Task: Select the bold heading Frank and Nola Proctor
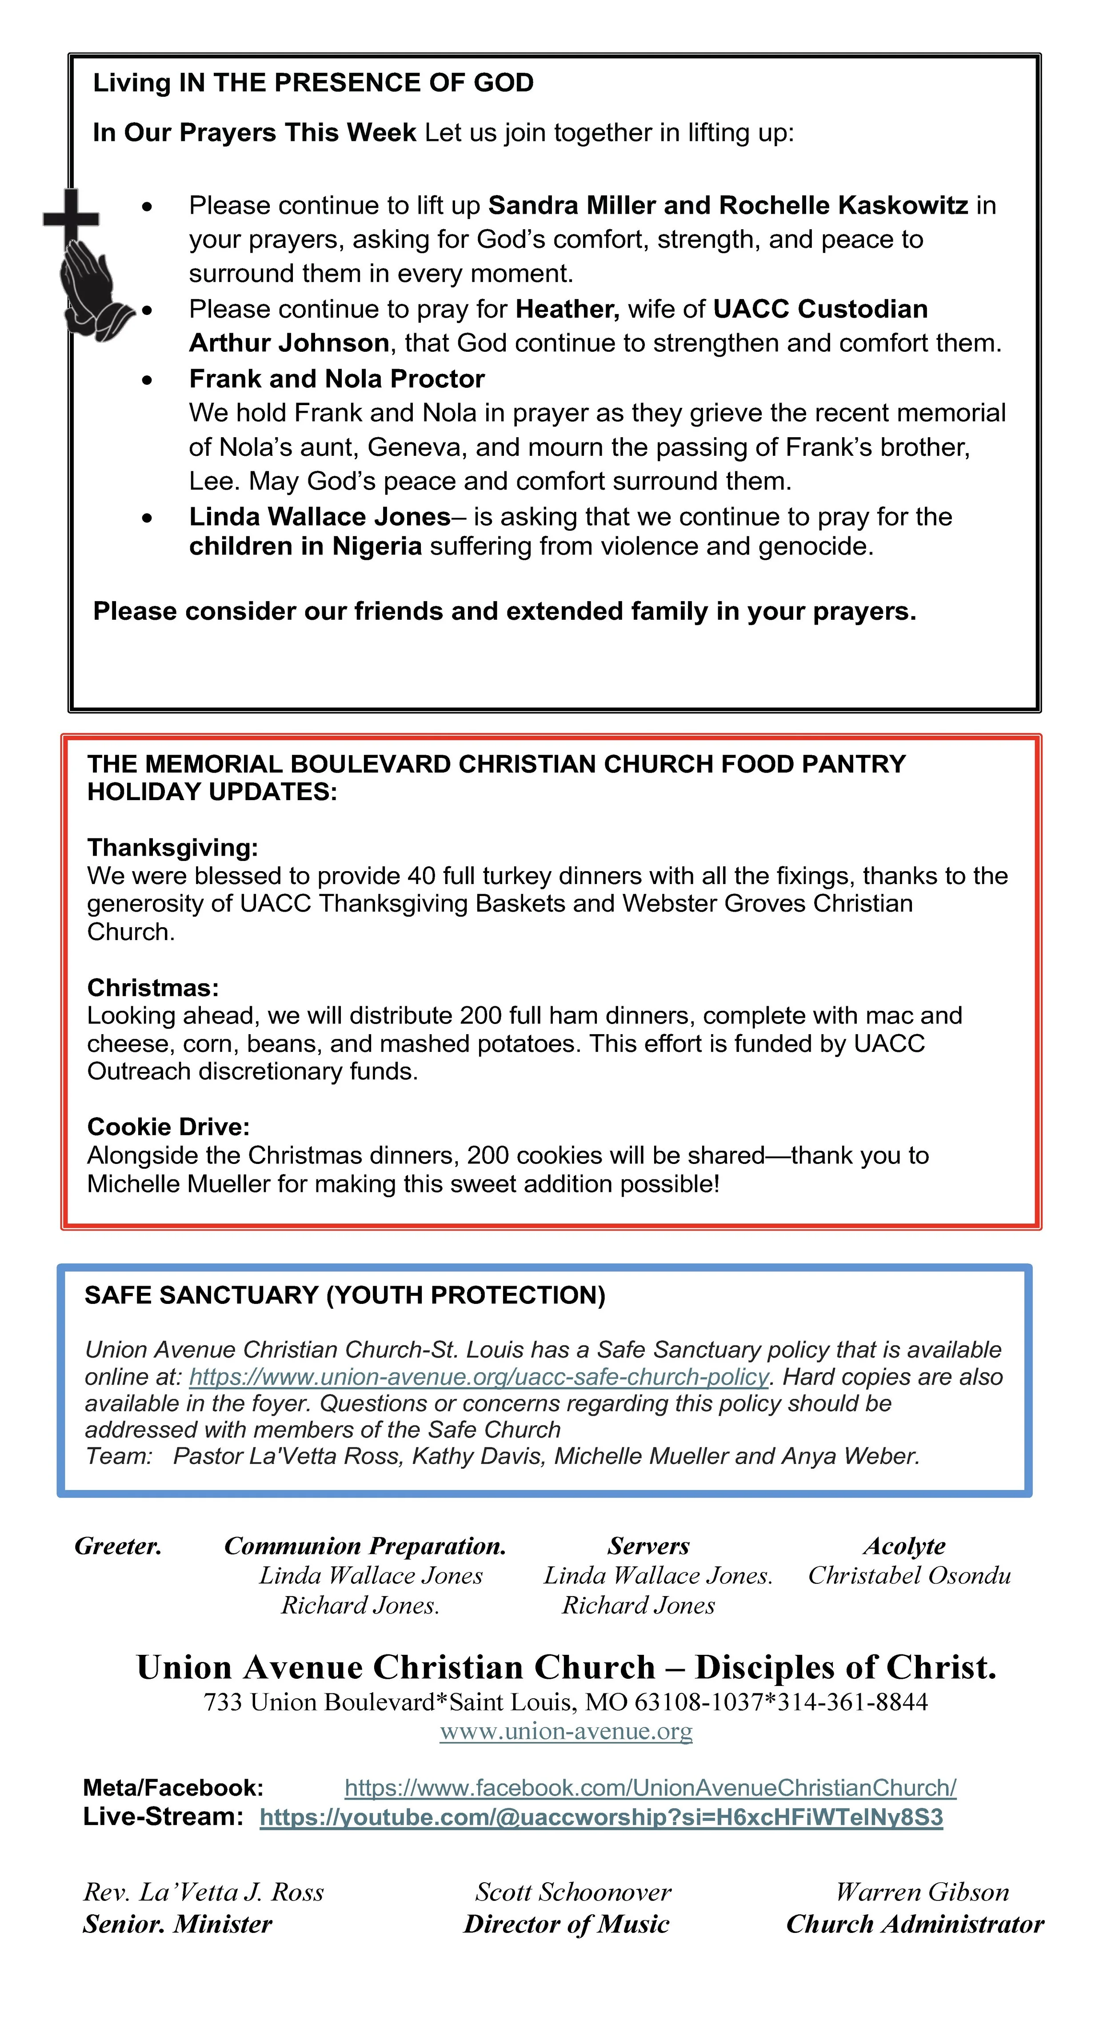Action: [x=336, y=379]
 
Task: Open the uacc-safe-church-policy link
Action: [x=479, y=1377]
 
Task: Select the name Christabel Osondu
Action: [x=909, y=1575]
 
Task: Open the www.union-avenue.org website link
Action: [x=566, y=1731]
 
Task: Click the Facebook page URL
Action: [x=650, y=1788]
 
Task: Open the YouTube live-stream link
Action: [x=601, y=1817]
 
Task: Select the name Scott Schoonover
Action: [x=573, y=1892]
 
